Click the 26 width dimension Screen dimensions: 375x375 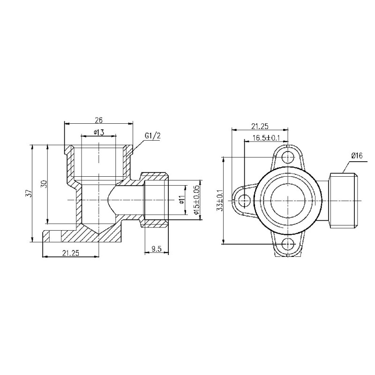coord(98,120)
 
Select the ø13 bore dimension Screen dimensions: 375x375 coord(98,132)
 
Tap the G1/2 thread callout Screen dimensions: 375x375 coord(152,136)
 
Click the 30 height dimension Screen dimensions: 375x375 coord(44,184)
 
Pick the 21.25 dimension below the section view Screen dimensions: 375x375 coord(70,253)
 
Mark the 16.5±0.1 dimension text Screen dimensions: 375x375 coord(266,137)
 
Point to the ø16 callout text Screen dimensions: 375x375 coord(357,155)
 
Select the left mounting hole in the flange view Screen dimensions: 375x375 coord(243,201)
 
